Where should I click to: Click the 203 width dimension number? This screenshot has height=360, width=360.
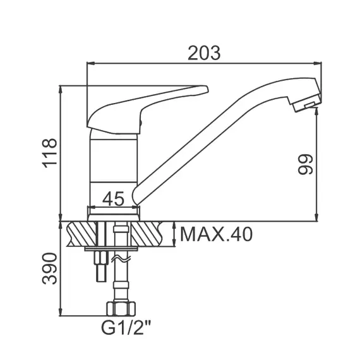tap(204, 53)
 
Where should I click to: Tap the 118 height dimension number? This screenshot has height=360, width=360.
tap(50, 153)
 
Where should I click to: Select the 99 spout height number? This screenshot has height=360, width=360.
tap(306, 164)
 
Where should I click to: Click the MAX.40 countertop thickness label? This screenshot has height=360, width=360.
tap(217, 234)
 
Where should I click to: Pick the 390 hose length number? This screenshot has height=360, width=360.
tap(50, 268)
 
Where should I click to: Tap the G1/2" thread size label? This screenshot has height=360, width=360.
tap(126, 328)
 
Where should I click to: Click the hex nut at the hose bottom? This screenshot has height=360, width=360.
tap(121, 309)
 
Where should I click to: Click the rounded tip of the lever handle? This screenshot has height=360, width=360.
tap(205, 89)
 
